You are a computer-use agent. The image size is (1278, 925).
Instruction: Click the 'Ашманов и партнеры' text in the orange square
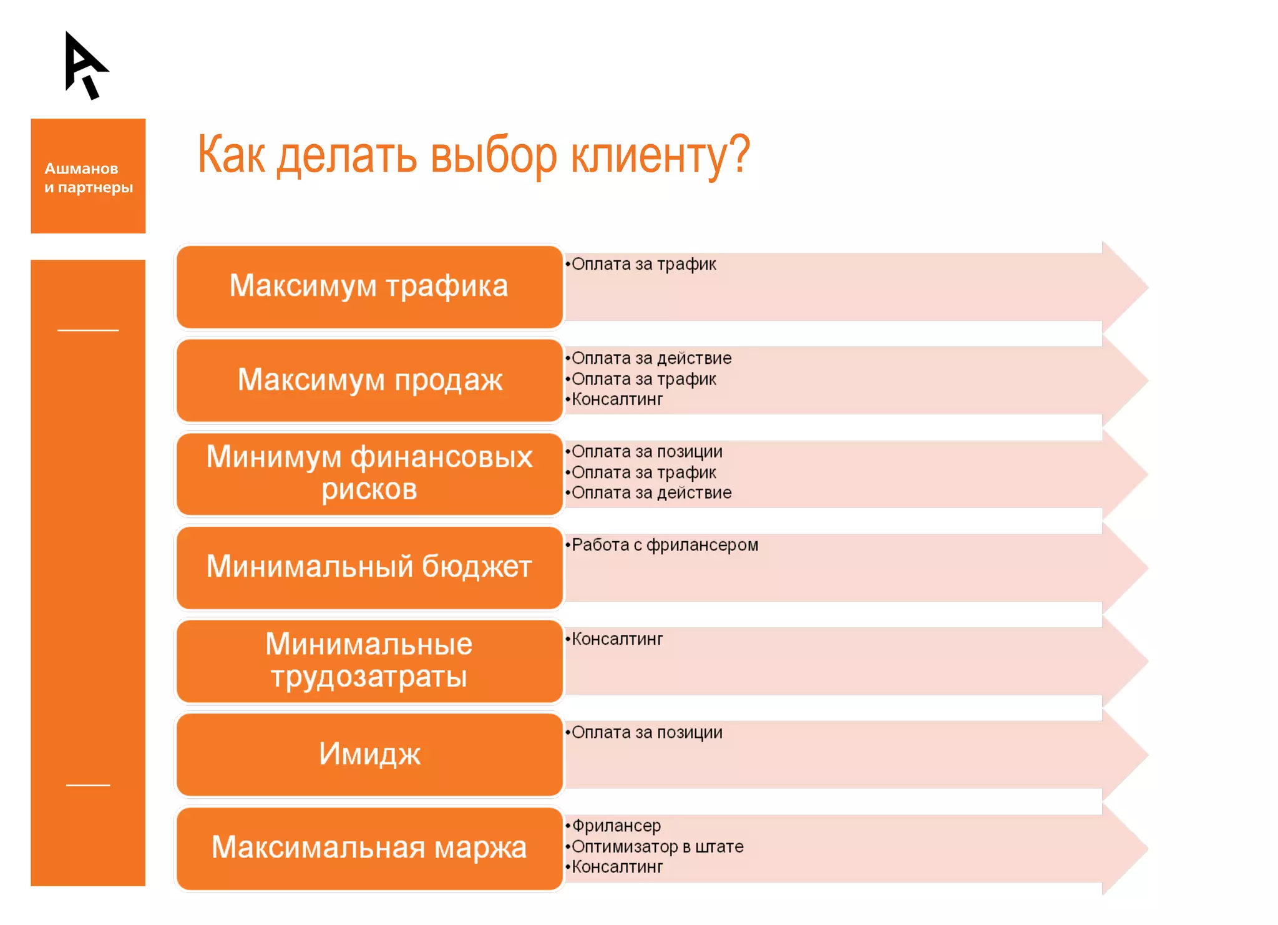click(x=88, y=178)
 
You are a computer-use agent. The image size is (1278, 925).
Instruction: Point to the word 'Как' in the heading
click(x=232, y=155)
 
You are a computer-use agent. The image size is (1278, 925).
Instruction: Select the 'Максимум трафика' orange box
click(x=369, y=286)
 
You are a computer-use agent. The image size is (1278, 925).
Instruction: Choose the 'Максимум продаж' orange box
click(x=369, y=380)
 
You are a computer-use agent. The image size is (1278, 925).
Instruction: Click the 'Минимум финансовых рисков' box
click(x=369, y=474)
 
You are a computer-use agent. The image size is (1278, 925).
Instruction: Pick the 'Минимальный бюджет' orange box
click(x=369, y=567)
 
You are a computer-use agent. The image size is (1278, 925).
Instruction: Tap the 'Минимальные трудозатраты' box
click(x=369, y=661)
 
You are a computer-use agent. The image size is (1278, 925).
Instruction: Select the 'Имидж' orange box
click(x=369, y=755)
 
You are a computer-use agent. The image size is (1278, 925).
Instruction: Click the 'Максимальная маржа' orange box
click(x=369, y=848)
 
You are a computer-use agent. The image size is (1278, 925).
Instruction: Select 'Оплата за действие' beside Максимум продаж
click(x=651, y=359)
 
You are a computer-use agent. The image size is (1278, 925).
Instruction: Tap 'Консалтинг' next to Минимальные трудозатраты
click(x=617, y=639)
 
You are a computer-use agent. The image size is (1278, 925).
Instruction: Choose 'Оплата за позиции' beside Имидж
click(x=647, y=733)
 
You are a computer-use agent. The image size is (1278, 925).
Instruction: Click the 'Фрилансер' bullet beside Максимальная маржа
click(x=617, y=826)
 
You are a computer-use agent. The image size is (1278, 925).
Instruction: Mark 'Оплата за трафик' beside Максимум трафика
click(x=644, y=265)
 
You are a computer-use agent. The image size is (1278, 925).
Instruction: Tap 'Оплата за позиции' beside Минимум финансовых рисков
click(x=647, y=452)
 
